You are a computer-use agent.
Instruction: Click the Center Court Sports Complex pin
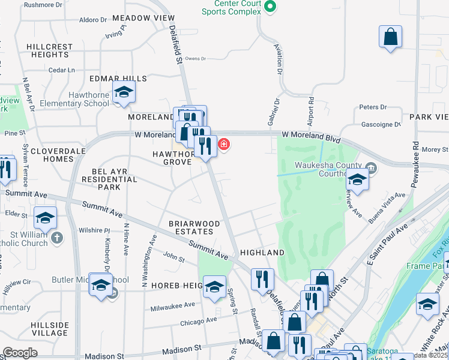(x=270, y=7)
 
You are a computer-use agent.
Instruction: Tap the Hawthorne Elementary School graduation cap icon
(x=124, y=92)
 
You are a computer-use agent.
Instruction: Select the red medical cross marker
(x=224, y=144)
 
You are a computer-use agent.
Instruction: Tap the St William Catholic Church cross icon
(x=56, y=238)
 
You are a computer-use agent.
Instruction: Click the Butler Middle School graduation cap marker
(x=101, y=284)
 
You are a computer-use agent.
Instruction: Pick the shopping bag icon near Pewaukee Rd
(x=390, y=36)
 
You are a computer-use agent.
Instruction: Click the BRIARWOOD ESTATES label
(x=190, y=227)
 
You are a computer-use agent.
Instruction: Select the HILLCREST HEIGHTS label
(x=50, y=50)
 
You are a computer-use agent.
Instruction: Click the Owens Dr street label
(x=196, y=59)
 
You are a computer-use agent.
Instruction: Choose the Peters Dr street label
(x=373, y=107)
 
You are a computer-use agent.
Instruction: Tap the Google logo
(x=20, y=353)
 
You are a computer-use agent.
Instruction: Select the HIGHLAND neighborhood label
(x=261, y=253)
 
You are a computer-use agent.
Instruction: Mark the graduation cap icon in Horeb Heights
(x=214, y=287)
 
